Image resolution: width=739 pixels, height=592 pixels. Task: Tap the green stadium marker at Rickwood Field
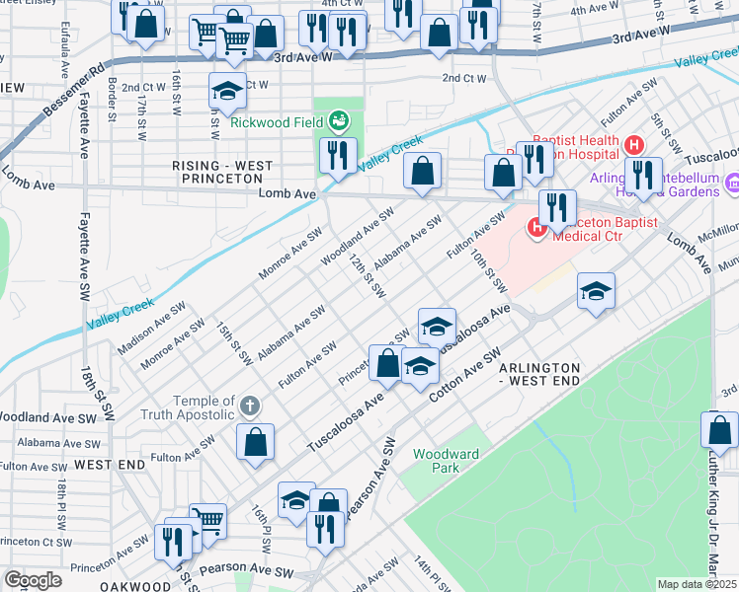[339, 121]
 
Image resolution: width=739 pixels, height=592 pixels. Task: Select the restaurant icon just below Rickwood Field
[338, 156]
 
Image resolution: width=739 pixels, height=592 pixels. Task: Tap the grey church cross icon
[250, 406]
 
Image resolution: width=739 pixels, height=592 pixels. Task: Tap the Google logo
[33, 580]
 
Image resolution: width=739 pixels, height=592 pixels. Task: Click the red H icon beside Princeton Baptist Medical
[537, 229]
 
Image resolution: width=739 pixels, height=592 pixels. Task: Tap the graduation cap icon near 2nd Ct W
[228, 93]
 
